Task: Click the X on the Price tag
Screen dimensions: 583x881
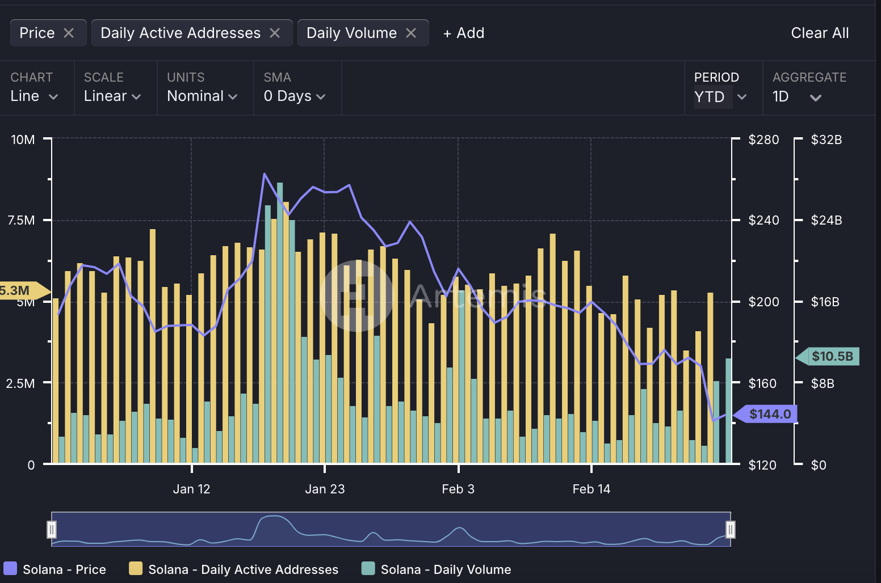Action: tap(69, 33)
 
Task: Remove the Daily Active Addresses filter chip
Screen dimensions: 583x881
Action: tap(275, 33)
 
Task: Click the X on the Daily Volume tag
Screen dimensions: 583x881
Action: tap(411, 33)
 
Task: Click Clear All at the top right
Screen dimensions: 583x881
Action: tap(819, 33)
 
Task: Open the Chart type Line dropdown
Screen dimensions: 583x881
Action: tap(34, 96)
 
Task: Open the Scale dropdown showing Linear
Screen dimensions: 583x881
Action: tap(112, 96)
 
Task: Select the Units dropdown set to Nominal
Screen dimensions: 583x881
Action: tap(202, 96)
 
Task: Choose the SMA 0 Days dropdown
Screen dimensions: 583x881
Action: tap(294, 96)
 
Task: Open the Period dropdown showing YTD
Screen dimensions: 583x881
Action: tap(719, 97)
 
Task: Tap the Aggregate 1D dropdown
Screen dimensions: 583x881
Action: tap(796, 97)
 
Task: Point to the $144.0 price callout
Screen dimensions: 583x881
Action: tap(769, 414)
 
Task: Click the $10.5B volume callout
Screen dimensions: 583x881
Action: tap(832, 356)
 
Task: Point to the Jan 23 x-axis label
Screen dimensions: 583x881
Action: tap(325, 489)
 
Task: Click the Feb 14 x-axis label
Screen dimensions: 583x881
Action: tap(591, 489)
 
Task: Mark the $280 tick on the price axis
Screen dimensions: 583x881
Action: tap(763, 140)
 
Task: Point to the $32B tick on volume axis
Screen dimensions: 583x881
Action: tap(826, 140)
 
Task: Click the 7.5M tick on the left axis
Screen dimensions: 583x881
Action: tap(22, 220)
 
